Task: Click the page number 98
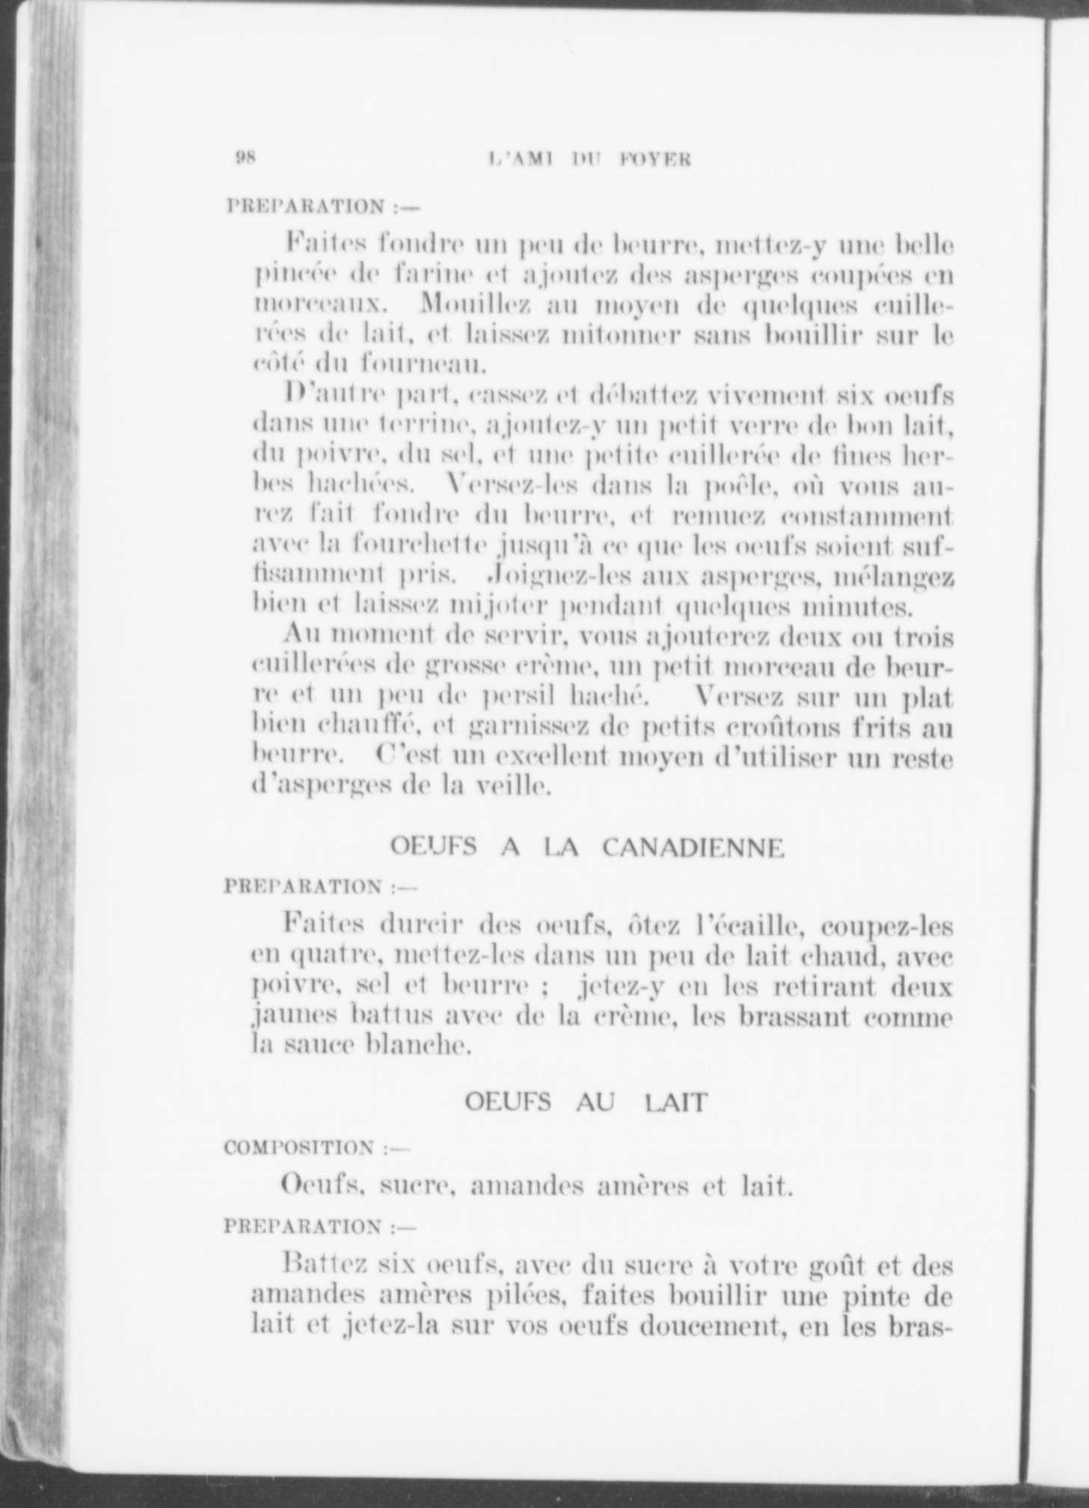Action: click(x=246, y=157)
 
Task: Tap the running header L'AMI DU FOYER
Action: click(x=589, y=159)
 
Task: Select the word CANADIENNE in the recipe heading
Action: click(x=693, y=848)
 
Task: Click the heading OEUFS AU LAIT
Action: click(x=585, y=1102)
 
